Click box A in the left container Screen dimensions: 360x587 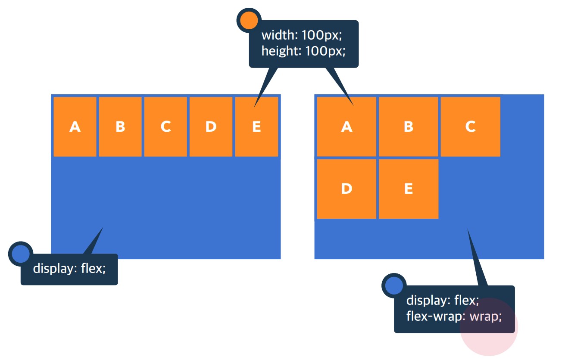click(75, 127)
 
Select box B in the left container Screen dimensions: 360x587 click(120, 127)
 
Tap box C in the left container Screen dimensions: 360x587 click(165, 127)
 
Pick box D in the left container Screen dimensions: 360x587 click(211, 127)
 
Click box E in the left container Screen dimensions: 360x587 click(256, 127)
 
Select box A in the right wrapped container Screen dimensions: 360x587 click(347, 127)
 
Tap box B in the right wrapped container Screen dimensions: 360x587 click(409, 127)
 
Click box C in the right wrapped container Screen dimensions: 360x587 click(470, 127)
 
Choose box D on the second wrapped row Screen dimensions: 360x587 click(347, 189)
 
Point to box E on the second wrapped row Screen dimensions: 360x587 click(409, 189)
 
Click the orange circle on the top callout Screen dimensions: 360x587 click(249, 20)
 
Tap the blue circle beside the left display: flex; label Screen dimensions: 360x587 click(20, 254)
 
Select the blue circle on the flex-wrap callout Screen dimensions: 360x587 click(394, 286)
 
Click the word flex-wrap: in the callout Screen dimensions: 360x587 click(436, 317)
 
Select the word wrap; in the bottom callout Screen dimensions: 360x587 click(486, 317)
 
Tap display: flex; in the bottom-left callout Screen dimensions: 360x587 click(69, 269)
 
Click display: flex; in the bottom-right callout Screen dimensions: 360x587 click(443, 301)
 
